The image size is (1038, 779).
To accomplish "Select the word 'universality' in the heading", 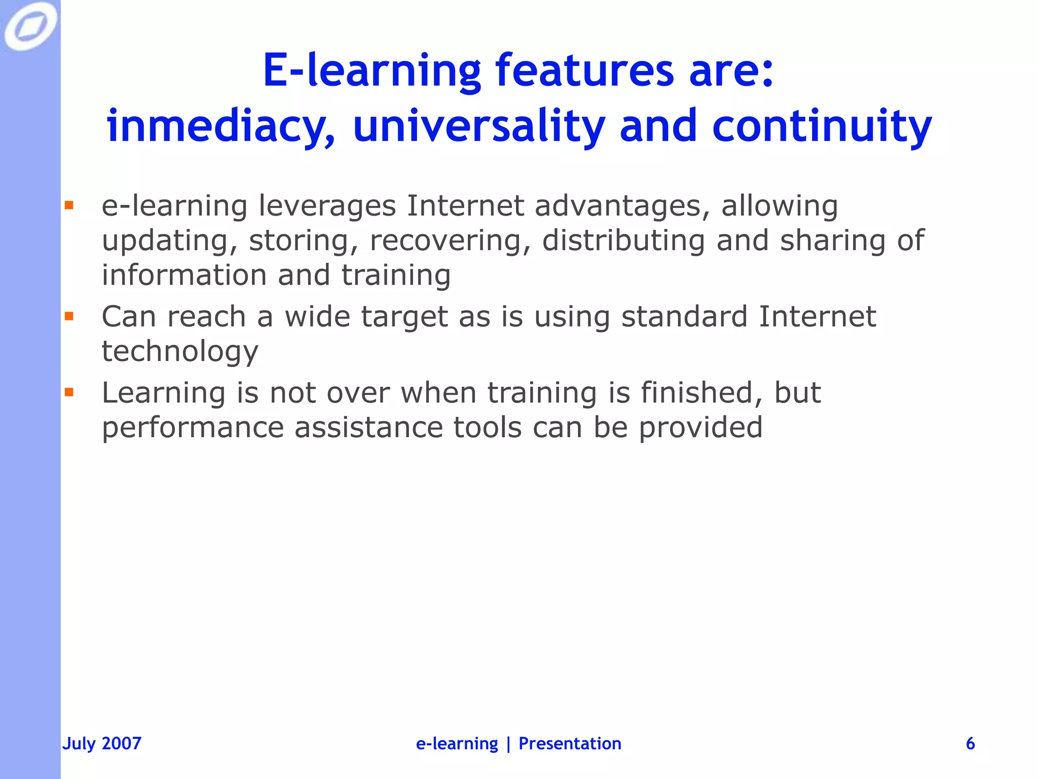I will [478, 127].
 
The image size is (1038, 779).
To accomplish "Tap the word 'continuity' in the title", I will [822, 127].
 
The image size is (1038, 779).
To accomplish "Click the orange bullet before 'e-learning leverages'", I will [69, 205].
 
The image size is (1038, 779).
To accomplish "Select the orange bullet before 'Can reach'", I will [69, 316].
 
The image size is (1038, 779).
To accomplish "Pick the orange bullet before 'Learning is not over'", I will [69, 392].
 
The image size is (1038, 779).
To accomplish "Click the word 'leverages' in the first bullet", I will [327, 207].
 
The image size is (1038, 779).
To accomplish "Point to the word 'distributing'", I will [623, 241].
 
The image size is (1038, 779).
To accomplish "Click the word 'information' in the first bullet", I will [184, 275].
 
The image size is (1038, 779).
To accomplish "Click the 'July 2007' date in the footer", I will [102, 743].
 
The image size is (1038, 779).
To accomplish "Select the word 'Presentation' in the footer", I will [570, 743].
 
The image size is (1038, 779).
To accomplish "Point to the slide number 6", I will [970, 743].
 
